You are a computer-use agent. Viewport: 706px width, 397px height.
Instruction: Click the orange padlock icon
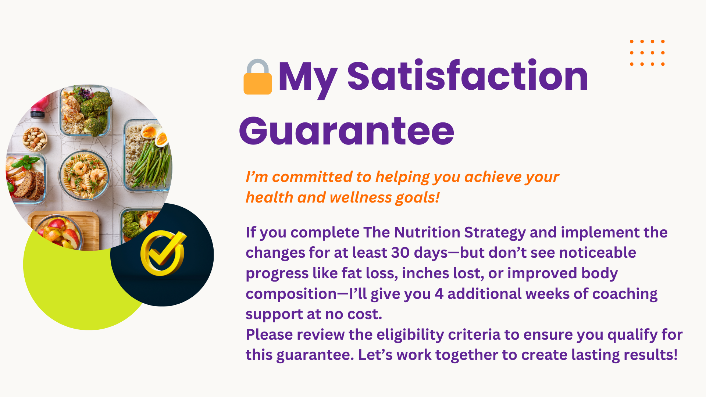point(258,77)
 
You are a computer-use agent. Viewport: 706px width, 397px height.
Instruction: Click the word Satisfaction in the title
point(468,76)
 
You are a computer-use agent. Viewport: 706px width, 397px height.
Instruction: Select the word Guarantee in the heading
point(347,131)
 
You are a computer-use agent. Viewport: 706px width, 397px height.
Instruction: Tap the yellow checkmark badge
point(163,253)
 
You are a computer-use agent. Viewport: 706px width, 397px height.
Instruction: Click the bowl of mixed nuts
point(35,139)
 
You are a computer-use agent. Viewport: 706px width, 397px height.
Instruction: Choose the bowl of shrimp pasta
point(85,175)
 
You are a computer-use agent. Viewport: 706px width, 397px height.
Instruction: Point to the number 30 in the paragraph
point(400,253)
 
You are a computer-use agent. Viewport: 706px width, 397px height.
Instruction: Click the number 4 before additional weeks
point(439,294)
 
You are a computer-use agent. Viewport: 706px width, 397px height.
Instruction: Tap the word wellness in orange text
point(360,197)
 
